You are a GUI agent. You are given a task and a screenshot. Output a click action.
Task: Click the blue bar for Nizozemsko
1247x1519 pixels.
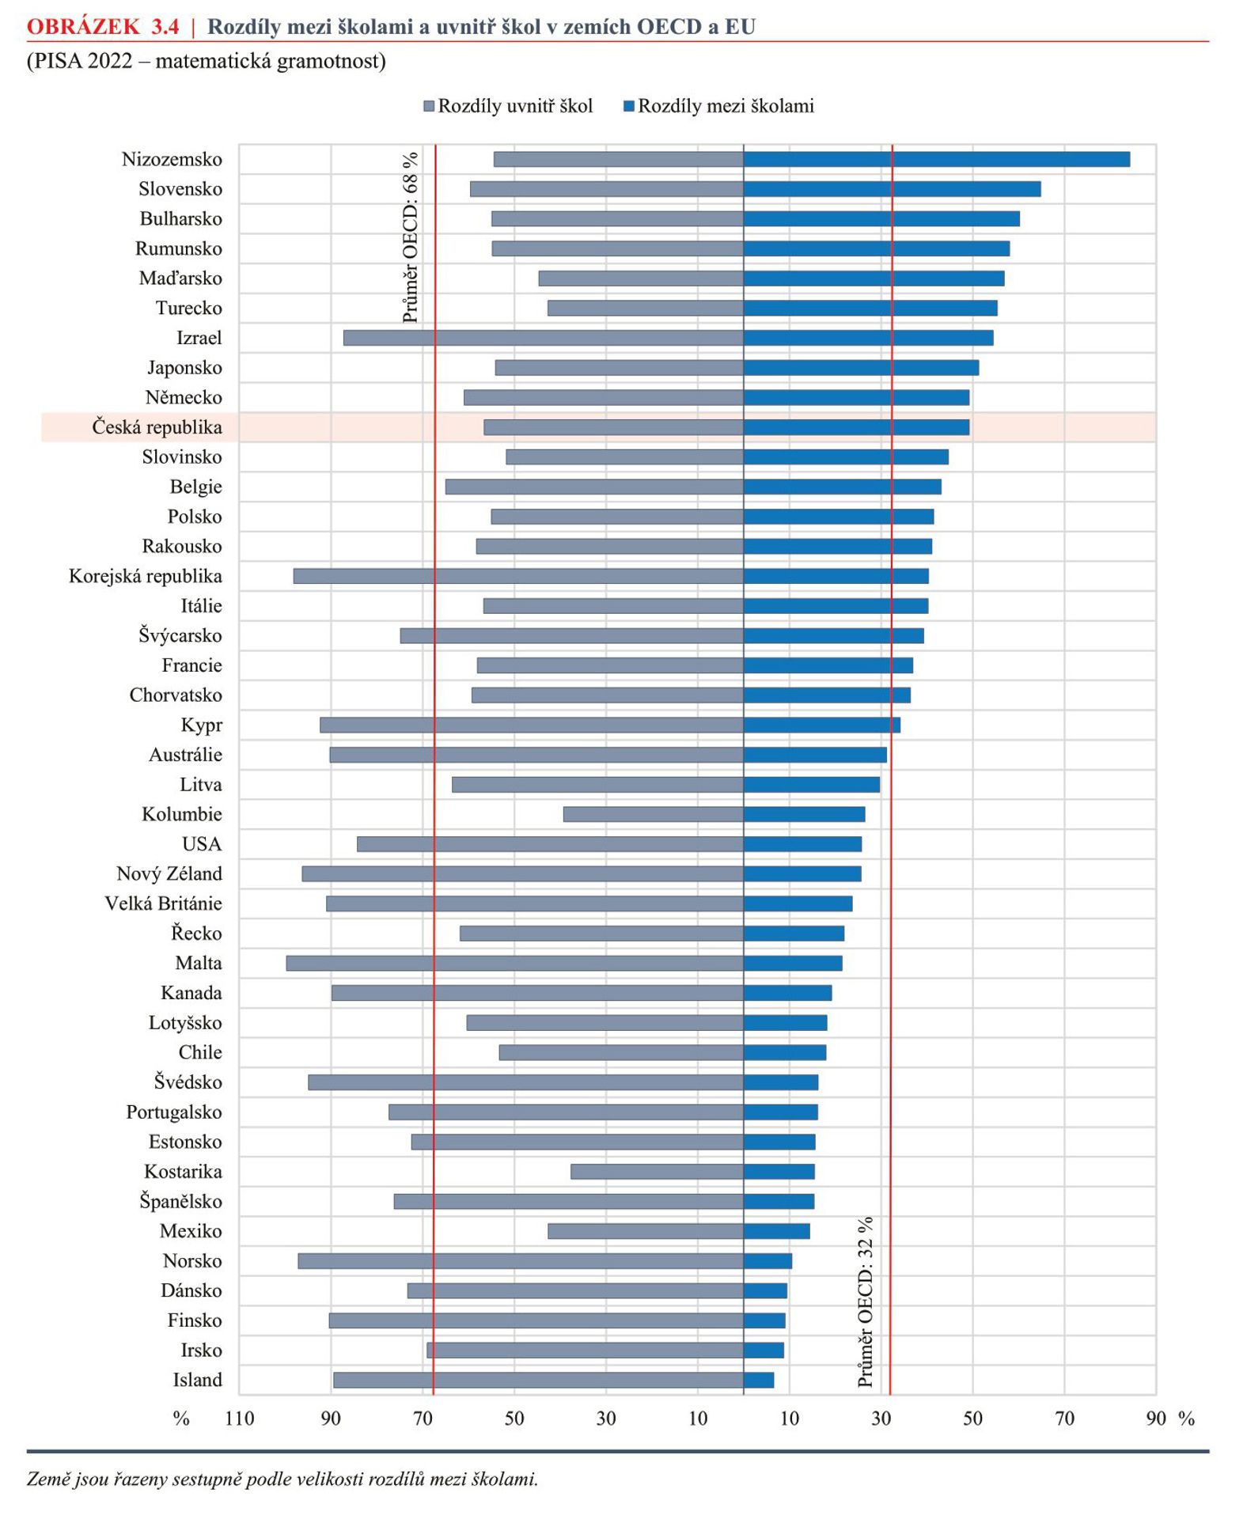[x=936, y=159]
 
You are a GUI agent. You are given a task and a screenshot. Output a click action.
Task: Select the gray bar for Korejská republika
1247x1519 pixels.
[x=518, y=576]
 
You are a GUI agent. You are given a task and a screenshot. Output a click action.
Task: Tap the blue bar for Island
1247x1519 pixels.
[x=759, y=1380]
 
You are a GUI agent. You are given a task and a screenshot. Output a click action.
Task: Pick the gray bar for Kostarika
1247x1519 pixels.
[x=657, y=1172]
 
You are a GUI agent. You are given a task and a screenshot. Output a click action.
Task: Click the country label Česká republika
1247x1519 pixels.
[x=157, y=427]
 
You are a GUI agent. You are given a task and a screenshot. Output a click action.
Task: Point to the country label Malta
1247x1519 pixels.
[x=199, y=963]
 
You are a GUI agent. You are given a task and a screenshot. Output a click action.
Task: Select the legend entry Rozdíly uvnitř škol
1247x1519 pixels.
[x=509, y=106]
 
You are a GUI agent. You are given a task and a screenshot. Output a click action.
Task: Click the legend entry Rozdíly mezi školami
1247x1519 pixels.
[x=719, y=106]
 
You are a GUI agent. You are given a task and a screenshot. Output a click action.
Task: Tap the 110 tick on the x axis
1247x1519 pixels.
[x=240, y=1419]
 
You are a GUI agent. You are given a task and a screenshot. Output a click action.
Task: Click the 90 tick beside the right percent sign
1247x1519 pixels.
[x=1156, y=1419]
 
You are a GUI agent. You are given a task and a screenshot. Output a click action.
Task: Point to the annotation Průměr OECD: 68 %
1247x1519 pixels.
[x=410, y=237]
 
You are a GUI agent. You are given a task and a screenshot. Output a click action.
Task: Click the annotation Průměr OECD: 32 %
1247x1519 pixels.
[x=866, y=1301]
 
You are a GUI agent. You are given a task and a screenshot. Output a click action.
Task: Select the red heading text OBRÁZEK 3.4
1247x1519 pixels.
[x=103, y=27]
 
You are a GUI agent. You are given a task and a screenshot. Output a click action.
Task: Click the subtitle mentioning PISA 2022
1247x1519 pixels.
[x=207, y=61]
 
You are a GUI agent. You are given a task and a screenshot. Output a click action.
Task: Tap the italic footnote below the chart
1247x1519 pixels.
[x=282, y=1479]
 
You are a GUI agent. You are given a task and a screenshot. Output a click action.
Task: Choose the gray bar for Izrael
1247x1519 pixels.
[x=544, y=338]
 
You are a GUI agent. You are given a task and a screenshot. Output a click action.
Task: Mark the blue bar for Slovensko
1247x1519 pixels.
[x=893, y=189]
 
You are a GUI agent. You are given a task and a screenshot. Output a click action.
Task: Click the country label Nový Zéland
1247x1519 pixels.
[x=169, y=873]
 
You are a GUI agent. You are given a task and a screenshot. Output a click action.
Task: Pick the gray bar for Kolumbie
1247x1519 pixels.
[x=654, y=814]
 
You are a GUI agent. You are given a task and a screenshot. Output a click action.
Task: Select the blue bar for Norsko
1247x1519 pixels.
[x=768, y=1261]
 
